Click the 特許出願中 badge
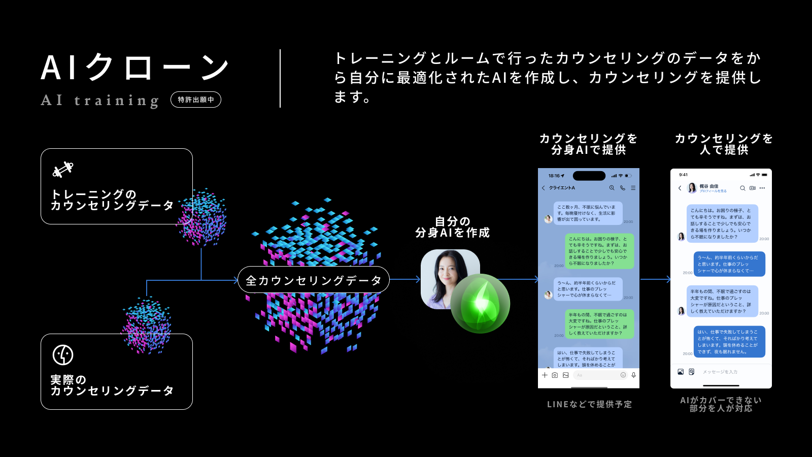point(196,100)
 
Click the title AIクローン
point(134,68)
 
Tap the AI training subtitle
point(100,100)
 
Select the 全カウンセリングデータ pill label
point(313,280)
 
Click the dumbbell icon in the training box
point(63,170)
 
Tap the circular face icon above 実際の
point(63,355)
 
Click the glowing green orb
point(480,303)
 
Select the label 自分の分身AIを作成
point(452,227)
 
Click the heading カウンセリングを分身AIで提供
point(589,144)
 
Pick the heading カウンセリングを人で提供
point(724,144)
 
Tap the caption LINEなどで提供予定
point(589,404)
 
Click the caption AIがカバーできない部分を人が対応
point(721,404)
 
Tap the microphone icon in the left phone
point(633,375)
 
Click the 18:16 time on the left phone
point(554,176)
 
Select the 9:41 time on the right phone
point(684,175)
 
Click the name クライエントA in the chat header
point(562,188)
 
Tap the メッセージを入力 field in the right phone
point(720,372)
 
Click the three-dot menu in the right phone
point(762,188)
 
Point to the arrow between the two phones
point(656,279)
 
